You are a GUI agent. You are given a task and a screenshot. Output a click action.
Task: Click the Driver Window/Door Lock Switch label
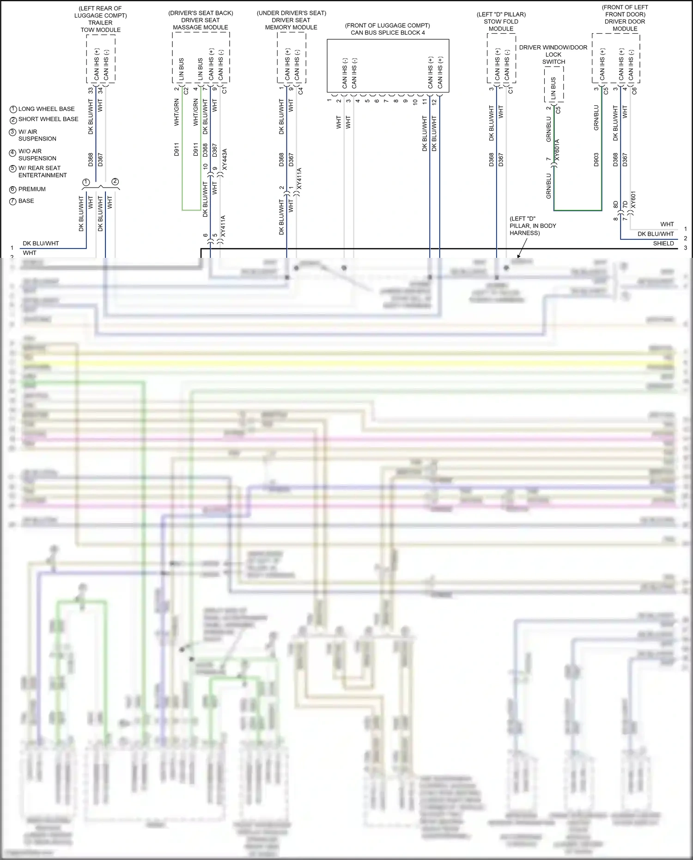(553, 55)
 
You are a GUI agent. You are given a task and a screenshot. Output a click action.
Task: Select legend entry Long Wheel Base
(46, 109)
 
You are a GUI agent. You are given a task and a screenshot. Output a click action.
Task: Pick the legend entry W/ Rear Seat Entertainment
(42, 171)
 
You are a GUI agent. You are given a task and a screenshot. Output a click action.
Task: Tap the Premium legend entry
(32, 189)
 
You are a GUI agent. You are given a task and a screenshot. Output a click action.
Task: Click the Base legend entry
(26, 201)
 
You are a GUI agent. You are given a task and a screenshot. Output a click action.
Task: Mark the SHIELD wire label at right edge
(663, 244)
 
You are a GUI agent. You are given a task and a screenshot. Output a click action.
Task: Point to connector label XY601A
(557, 150)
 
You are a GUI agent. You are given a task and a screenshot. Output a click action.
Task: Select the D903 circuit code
(596, 159)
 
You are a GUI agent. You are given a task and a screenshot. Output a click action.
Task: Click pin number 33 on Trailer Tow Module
(91, 91)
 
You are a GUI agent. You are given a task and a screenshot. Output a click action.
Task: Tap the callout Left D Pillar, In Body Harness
(533, 226)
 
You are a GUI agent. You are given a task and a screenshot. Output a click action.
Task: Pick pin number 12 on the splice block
(434, 102)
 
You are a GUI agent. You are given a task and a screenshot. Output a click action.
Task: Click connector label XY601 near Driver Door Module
(633, 200)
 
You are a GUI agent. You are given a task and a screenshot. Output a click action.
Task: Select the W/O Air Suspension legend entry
(37, 155)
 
